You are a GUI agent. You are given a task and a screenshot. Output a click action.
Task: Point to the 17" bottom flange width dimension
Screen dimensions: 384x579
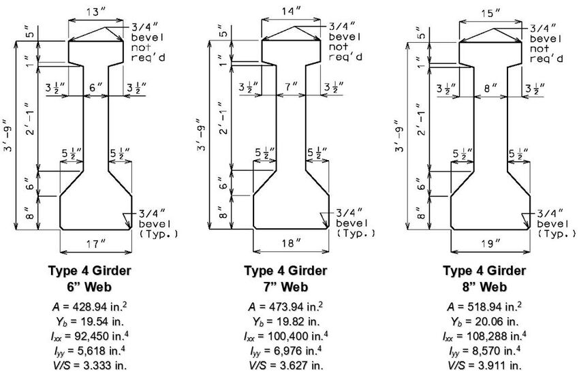[x=95, y=242]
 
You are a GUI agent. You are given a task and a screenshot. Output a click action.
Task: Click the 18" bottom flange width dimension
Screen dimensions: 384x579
[x=291, y=242]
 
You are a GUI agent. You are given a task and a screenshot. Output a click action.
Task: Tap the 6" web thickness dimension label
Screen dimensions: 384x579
[x=95, y=87]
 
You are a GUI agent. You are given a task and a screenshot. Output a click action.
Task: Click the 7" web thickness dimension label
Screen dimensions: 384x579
[x=291, y=87]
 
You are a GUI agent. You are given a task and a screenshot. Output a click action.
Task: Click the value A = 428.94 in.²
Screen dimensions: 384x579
[x=90, y=306]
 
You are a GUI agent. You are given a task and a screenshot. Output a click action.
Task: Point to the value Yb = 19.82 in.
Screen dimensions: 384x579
[x=285, y=321]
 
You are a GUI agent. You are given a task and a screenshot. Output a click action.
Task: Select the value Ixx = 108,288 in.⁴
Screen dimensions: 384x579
[x=485, y=335]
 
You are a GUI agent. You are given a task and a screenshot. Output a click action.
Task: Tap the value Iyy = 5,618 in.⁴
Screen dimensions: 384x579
[x=90, y=350]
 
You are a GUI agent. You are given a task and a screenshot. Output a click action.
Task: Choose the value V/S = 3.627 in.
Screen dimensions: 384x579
[x=285, y=364]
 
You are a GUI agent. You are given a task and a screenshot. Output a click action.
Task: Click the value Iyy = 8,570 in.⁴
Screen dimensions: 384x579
[x=485, y=350]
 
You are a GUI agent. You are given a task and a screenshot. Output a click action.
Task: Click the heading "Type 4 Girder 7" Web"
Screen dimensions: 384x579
[x=285, y=278]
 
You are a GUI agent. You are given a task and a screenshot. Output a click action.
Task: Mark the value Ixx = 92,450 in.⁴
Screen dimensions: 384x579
[x=90, y=335]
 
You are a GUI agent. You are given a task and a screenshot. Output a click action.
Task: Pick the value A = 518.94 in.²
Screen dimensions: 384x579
[x=485, y=306]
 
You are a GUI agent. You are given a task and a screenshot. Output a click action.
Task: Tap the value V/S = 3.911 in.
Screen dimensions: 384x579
[x=485, y=364]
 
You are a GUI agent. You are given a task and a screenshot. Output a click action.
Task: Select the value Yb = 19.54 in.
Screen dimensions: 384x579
[x=90, y=321]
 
